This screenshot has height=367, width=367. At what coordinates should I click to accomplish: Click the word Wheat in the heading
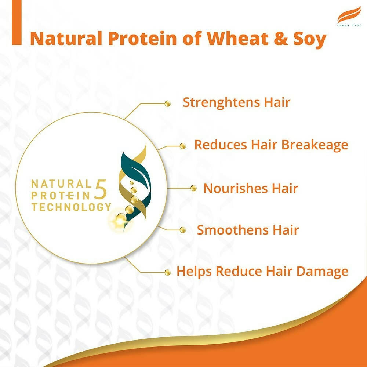pyautogui.click(x=237, y=38)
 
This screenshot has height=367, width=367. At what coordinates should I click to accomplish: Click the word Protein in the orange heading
pyautogui.click(x=142, y=38)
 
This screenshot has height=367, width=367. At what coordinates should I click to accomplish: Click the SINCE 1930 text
pyautogui.click(x=349, y=26)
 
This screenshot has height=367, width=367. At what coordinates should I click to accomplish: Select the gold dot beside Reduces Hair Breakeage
pyautogui.click(x=183, y=146)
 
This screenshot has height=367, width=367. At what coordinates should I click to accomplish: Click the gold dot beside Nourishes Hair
pyautogui.click(x=193, y=188)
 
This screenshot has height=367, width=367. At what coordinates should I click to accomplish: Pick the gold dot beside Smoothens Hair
pyautogui.click(x=183, y=230)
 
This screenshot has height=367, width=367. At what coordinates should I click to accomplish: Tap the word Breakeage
pyautogui.click(x=315, y=145)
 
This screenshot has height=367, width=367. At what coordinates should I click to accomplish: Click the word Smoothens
pyautogui.click(x=233, y=230)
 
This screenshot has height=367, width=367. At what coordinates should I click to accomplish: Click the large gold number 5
pyautogui.click(x=101, y=189)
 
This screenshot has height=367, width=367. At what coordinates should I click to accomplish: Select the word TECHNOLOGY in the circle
pyautogui.click(x=71, y=207)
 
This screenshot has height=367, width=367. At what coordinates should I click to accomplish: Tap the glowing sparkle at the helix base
pyautogui.click(x=120, y=221)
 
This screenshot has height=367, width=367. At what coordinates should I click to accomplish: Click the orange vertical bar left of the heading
pyautogui.click(x=17, y=22)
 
